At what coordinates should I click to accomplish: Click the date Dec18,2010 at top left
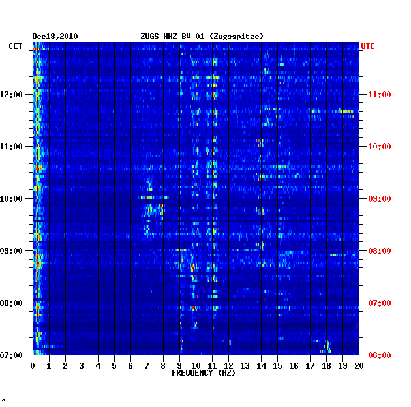[x=55, y=37]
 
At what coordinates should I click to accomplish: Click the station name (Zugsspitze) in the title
[x=236, y=37]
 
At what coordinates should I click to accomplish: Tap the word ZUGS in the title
[x=149, y=37]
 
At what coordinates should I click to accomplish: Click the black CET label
[x=16, y=46]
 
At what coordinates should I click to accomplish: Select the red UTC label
[x=368, y=46]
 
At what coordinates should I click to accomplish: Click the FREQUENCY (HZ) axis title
[x=204, y=373]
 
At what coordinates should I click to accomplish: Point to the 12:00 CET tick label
[x=11, y=94]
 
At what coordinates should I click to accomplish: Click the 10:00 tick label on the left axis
[x=11, y=199]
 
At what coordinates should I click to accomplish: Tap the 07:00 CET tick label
[x=11, y=355]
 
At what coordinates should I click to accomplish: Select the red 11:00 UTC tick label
[x=380, y=95]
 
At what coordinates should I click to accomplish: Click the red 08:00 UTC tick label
[x=380, y=251]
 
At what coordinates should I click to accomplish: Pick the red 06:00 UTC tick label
[x=380, y=355]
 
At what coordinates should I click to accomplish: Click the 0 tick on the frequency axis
[x=33, y=366]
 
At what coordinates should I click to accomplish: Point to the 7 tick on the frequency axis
[x=147, y=366]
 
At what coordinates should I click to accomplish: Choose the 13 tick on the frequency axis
[x=245, y=366]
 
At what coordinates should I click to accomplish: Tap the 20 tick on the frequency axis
[x=359, y=366]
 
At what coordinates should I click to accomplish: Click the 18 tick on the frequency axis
[x=326, y=366]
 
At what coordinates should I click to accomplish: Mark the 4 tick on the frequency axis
[x=98, y=366]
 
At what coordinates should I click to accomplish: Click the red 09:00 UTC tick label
[x=380, y=199]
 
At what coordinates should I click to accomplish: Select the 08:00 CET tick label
[x=11, y=303]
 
